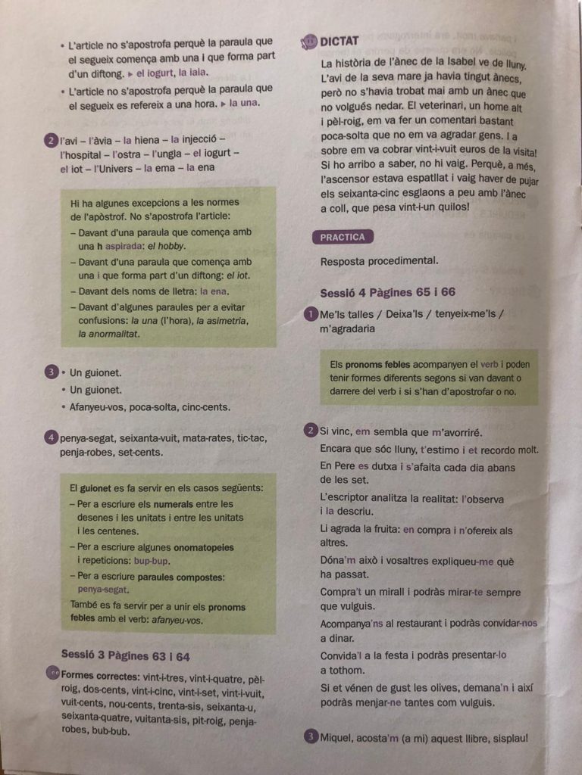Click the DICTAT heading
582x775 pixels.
tap(339, 41)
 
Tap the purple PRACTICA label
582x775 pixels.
tap(342, 237)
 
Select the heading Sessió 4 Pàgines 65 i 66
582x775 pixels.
tap(387, 292)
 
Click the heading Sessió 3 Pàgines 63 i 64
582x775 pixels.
tap(125, 654)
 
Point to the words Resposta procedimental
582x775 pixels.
tap(379, 261)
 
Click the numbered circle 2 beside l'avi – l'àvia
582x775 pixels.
tap(51, 140)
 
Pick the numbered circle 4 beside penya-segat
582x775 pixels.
tap(51, 438)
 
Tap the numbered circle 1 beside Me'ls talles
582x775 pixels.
tap(311, 314)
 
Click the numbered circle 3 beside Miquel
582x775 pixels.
tap(311, 737)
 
